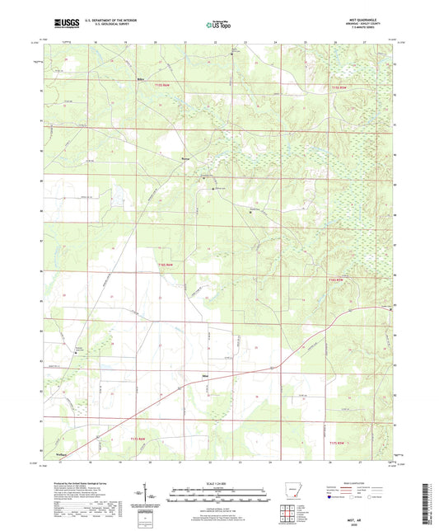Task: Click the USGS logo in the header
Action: pyautogui.click(x=67, y=24)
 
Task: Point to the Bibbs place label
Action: pyautogui.click(x=141, y=80)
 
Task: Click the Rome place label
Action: pyautogui.click(x=184, y=157)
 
